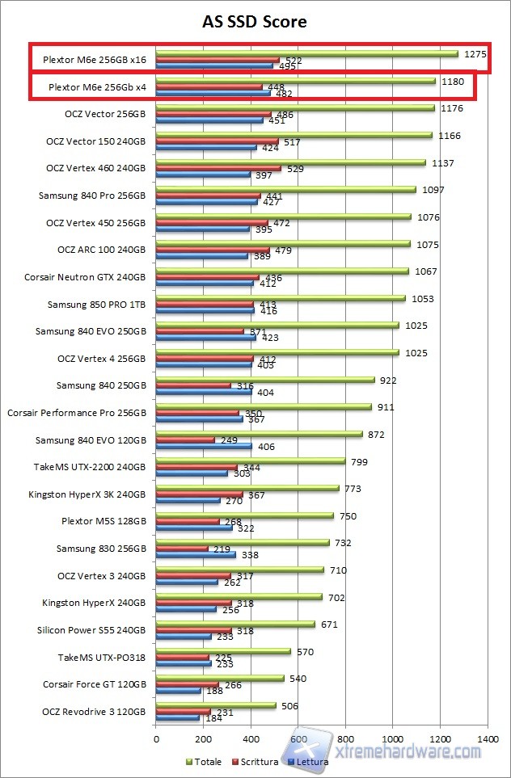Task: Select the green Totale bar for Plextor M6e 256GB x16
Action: click(307, 53)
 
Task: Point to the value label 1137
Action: click(443, 163)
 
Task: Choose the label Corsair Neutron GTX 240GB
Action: click(86, 277)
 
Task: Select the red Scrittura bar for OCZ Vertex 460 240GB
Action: click(218, 169)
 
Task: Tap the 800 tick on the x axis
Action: click(346, 738)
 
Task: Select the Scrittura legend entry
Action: click(256, 762)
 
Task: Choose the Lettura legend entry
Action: click(310, 762)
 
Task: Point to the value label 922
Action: click(386, 380)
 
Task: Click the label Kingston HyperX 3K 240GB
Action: click(87, 494)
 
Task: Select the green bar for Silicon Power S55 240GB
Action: click(235, 624)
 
